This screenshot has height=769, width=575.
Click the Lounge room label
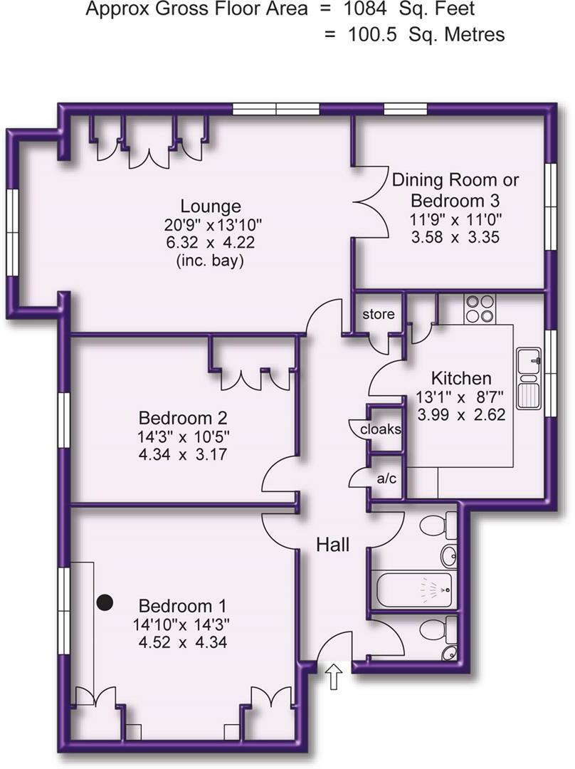(211, 206)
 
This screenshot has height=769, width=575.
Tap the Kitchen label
(461, 378)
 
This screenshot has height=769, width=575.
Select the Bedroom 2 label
(183, 417)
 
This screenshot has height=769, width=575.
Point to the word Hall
(333, 545)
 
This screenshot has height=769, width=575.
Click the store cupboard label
(378, 314)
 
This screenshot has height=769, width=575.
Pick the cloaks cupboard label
(380, 429)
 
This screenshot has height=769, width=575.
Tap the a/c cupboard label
(386, 478)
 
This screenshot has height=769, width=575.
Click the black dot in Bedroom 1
(105, 603)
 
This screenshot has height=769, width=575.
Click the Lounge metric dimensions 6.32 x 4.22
(210, 243)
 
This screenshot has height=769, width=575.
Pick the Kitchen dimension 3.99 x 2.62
(461, 414)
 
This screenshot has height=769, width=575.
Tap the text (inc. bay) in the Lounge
(211, 261)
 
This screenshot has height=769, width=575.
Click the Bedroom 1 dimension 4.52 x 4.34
(183, 644)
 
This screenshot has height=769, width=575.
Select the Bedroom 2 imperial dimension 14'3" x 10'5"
(183, 436)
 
